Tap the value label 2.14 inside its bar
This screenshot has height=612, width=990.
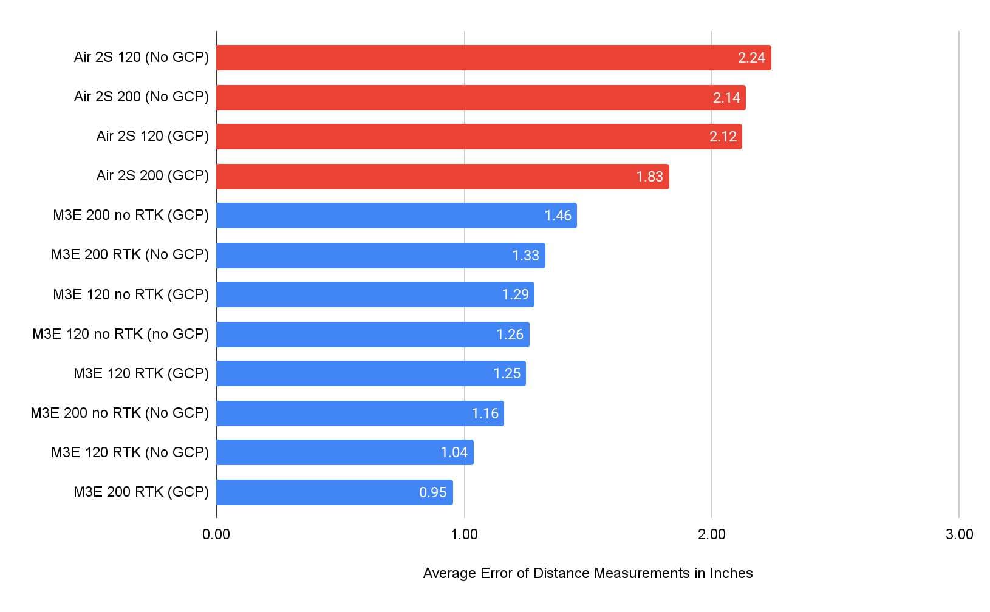pos(726,98)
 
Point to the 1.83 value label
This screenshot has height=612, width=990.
pos(649,177)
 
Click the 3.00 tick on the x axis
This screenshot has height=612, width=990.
pos(959,534)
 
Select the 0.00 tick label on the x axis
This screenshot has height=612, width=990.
pos(216,534)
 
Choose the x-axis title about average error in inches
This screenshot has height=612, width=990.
pos(587,573)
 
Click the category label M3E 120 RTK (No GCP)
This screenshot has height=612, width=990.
pos(130,452)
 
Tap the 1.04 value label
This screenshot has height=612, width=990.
pos(454,452)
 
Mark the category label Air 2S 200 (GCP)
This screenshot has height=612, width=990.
pos(152,175)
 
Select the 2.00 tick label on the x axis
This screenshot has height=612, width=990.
pos(711,534)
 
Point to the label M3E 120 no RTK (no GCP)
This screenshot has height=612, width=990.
pos(120,334)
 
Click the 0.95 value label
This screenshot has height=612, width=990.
pos(432,492)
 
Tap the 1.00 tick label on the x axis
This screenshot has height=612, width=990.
pos(464,534)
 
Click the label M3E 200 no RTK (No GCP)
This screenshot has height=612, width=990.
pos(120,413)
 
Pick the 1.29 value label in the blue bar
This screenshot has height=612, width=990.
pos(515,294)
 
